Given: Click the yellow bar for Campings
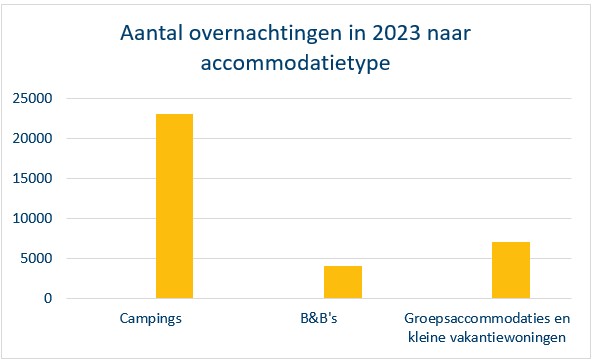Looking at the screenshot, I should point(174,206).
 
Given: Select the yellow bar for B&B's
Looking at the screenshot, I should point(342,282).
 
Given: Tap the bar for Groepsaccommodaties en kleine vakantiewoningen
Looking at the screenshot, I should point(510,270).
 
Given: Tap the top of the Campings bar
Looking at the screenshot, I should point(174,115).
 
